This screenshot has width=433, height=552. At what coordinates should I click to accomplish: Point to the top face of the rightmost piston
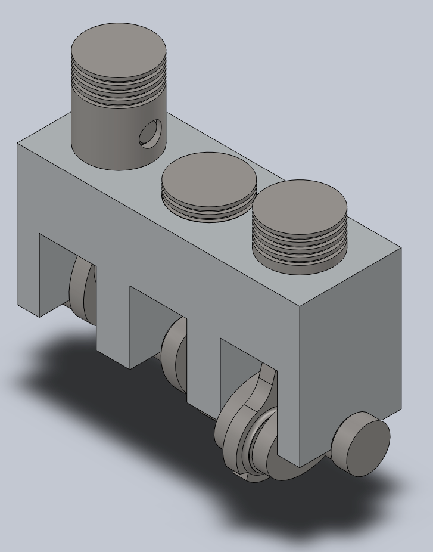pyautogui.click(x=300, y=206)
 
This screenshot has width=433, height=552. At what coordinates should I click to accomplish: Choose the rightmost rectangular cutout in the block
pyautogui.click(x=238, y=364)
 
